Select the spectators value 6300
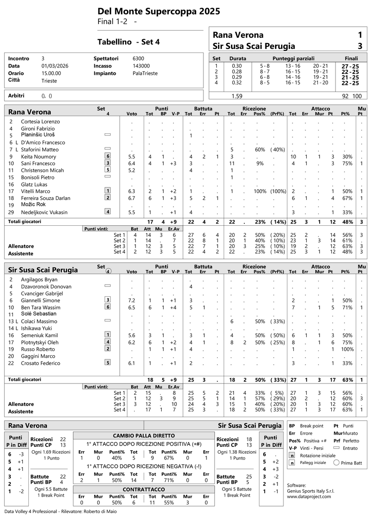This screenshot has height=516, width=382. click(139, 58)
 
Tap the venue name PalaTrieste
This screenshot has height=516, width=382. click(145, 73)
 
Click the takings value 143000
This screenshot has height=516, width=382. click(141, 66)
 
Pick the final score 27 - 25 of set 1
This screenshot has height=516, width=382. click(350, 66)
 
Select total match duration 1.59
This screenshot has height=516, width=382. click(237, 96)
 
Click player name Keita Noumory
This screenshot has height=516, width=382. click(39, 157)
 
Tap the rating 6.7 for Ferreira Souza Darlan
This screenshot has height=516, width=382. click(132, 198)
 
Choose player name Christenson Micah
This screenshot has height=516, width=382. click(42, 170)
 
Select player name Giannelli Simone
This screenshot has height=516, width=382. click(40, 301)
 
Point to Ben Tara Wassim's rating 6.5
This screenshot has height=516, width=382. click(132, 307)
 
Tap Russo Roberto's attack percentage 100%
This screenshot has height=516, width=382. click(345, 349)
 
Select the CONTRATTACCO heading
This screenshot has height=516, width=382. click(144, 489)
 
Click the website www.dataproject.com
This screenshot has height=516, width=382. click(309, 496)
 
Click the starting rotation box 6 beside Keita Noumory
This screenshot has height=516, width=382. click(108, 156)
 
